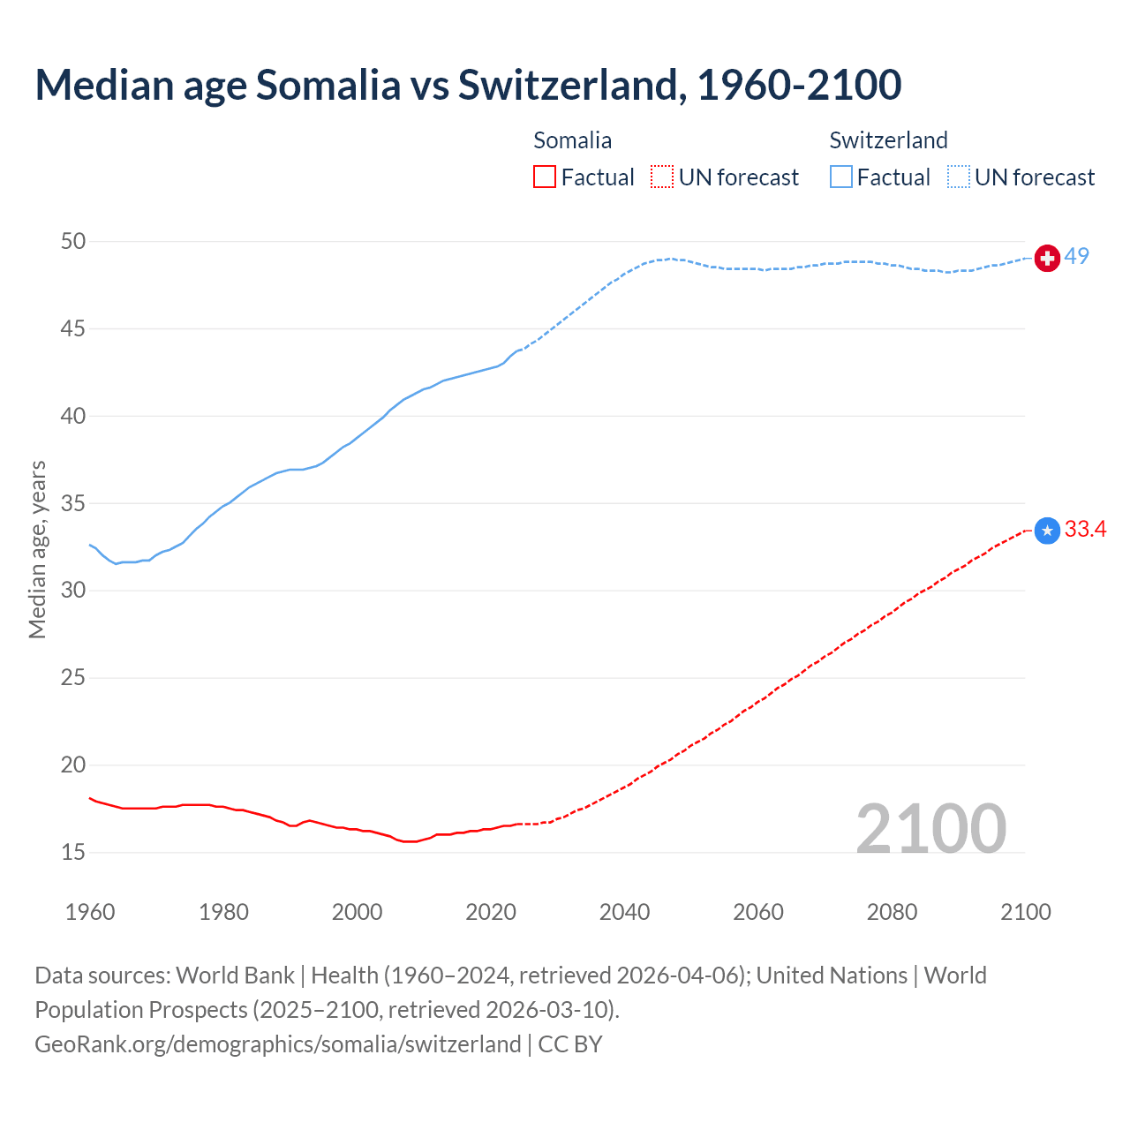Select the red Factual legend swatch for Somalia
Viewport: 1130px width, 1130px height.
coord(545,177)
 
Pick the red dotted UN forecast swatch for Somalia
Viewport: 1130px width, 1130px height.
coord(662,177)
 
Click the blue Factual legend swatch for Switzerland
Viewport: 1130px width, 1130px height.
coord(841,177)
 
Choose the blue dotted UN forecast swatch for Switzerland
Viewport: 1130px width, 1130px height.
coord(959,177)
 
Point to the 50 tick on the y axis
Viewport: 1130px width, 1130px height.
coord(73,241)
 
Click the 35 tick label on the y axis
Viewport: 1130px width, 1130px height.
coord(73,503)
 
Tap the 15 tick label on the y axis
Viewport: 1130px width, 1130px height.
coord(73,852)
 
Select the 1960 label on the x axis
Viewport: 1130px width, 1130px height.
coord(90,912)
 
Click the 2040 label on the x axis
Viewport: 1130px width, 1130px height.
coord(624,912)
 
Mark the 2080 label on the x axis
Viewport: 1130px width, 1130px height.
coord(892,912)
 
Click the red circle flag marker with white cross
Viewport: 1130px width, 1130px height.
coord(1047,258)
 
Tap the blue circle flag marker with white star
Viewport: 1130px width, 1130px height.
coord(1047,531)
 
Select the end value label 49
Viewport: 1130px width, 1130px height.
coord(1077,256)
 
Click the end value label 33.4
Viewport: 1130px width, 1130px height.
coord(1085,529)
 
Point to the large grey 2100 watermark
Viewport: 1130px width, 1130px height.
coord(930,828)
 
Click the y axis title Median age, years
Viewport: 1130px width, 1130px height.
coord(37,549)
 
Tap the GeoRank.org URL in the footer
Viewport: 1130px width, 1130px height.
coord(277,1044)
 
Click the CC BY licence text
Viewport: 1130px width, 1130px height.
coord(570,1044)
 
